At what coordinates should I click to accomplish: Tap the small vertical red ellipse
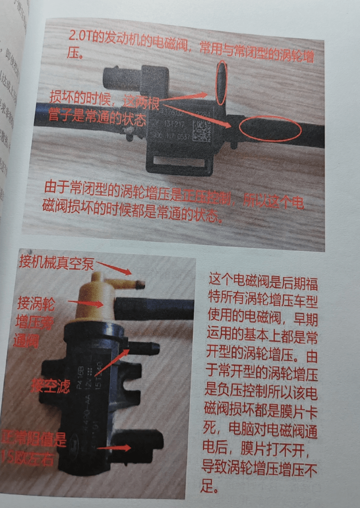[221, 83]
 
